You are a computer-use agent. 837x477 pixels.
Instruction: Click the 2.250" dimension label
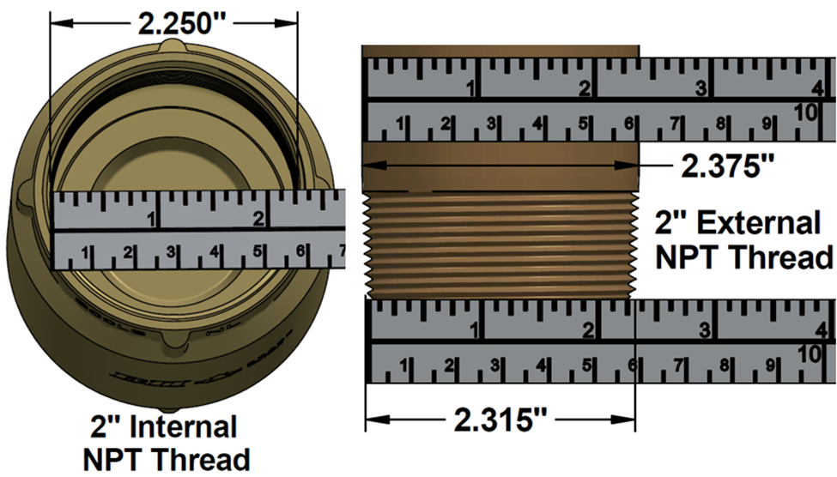[x=175, y=24]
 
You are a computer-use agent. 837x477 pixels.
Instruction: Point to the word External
[x=758, y=224]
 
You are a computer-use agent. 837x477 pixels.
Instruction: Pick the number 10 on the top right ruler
[x=805, y=112]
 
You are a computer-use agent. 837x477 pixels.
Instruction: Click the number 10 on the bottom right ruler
[x=807, y=353]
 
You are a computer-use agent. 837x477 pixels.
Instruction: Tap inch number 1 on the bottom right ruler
[x=475, y=328]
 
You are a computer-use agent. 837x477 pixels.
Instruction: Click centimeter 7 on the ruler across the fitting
[x=341, y=251]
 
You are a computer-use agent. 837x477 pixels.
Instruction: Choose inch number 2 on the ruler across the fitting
[x=258, y=218]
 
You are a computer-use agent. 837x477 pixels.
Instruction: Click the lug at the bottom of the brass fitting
[x=174, y=344]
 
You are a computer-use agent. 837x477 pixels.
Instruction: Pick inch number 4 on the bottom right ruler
[x=819, y=329]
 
